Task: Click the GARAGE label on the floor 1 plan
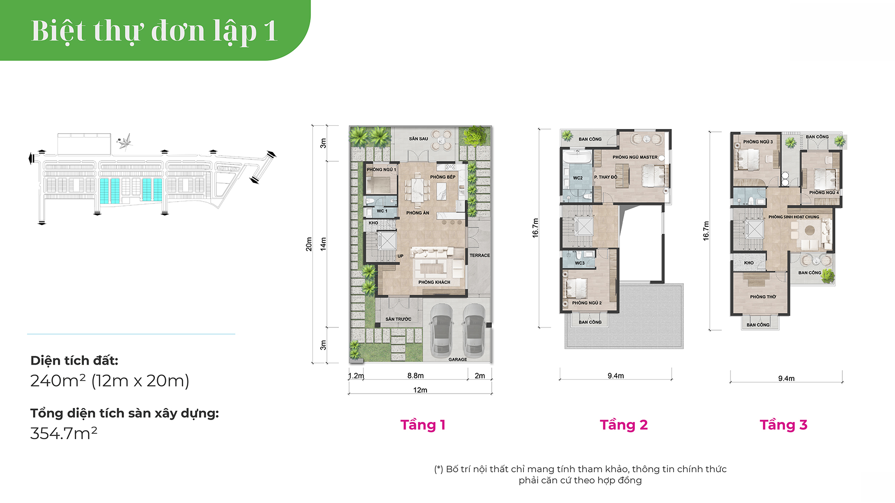[457, 360]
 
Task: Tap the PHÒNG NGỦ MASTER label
[635, 157]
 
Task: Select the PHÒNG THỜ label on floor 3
[763, 297]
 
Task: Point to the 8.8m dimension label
[415, 376]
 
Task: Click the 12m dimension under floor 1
[420, 390]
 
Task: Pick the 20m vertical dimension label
[309, 244]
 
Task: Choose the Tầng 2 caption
[624, 425]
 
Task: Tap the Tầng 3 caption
[784, 425]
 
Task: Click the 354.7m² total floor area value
[64, 433]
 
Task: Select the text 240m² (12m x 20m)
[110, 381]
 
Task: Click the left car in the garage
[441, 329]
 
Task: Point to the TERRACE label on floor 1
[480, 256]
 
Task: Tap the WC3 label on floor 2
[579, 263]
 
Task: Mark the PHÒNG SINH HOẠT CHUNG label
[794, 217]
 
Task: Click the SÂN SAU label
[418, 139]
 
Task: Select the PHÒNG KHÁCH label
[434, 282]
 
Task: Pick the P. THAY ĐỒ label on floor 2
[606, 177]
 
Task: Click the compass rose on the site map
[124, 142]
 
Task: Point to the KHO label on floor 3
[749, 263]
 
